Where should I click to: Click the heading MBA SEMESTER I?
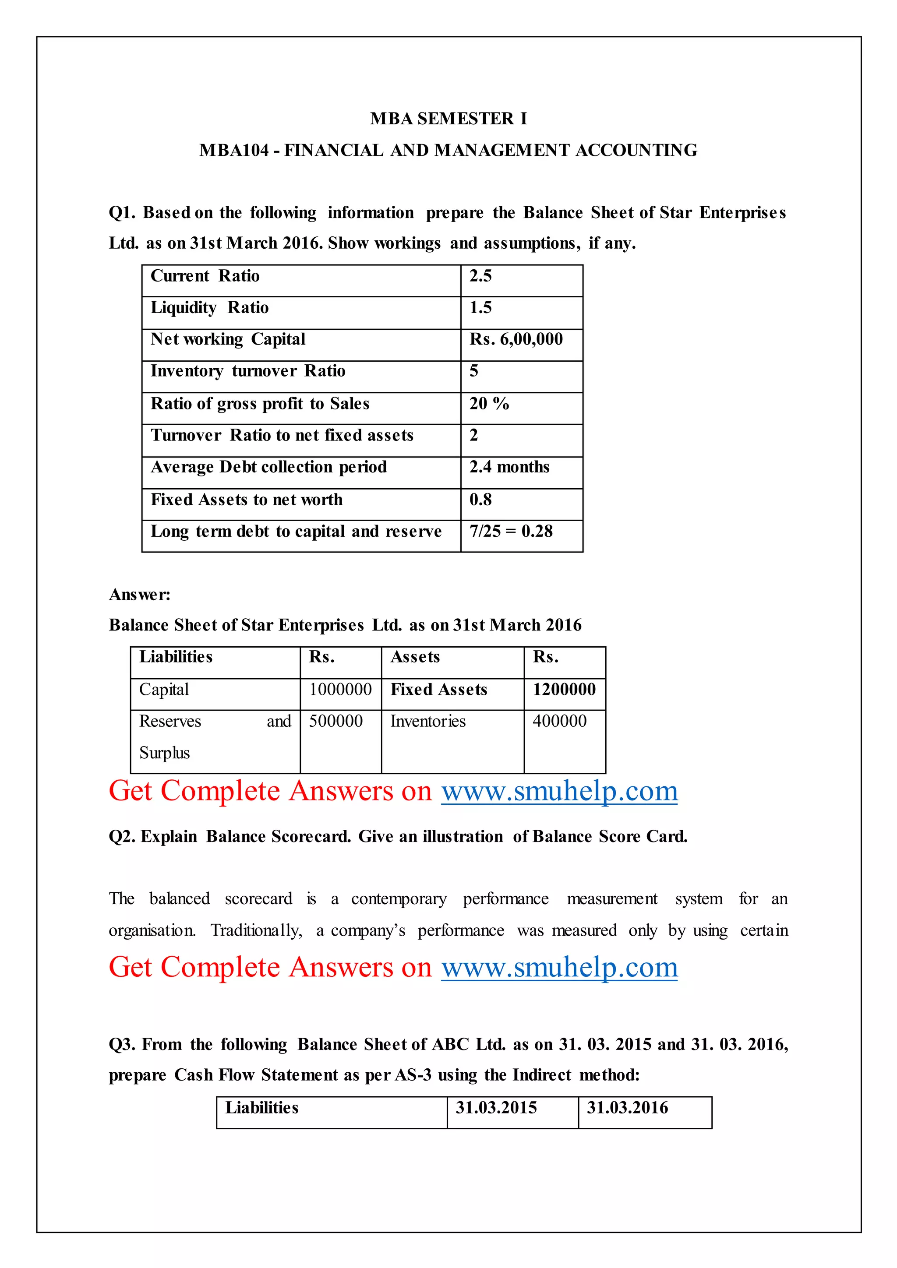coord(448,119)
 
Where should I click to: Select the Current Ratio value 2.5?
coord(480,276)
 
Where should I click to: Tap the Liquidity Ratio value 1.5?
coord(480,308)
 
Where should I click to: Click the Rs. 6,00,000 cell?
coord(516,339)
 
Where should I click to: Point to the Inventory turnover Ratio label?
coord(248,371)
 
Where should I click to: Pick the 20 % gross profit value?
coord(489,404)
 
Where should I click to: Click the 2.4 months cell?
coord(509,467)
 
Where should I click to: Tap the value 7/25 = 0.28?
coord(511,531)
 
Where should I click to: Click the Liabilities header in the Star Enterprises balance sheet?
coord(176,657)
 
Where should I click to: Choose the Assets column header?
coord(415,657)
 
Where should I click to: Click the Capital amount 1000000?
coord(340,689)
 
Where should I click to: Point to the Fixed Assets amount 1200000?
coord(564,689)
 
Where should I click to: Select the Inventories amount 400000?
coord(559,721)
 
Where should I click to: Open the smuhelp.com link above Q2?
coord(559,791)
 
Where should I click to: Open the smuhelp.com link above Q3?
coord(559,968)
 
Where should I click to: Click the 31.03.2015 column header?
coord(496,1108)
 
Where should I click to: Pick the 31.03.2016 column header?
coord(628,1108)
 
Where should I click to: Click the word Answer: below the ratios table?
coord(140,595)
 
